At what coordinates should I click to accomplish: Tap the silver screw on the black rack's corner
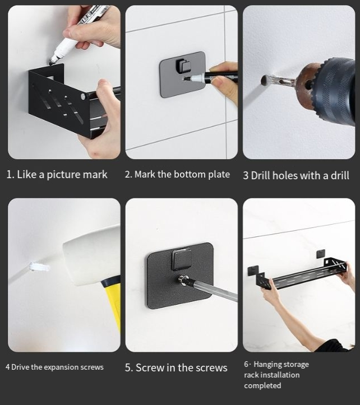(83, 97)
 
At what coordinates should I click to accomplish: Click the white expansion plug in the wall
(39, 267)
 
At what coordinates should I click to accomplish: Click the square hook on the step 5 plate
(181, 259)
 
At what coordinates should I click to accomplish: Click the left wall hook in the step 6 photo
(253, 270)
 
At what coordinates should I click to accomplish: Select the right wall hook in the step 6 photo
(321, 254)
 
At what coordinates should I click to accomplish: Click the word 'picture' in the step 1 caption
(63, 175)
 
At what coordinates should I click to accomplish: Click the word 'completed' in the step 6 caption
(262, 385)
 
